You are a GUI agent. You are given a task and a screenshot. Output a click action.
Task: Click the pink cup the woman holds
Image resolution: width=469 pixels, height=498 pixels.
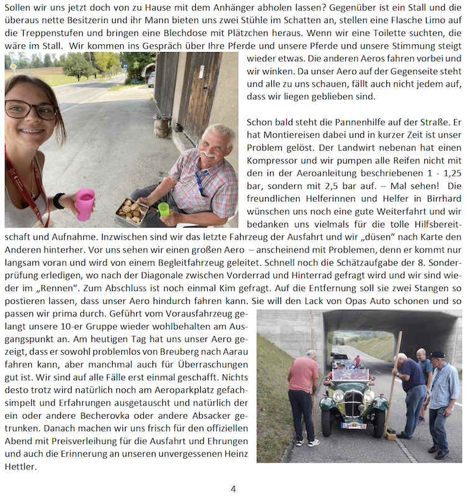coord(85,204)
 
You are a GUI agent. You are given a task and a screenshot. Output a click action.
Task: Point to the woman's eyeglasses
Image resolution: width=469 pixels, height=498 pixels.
coord(30,110)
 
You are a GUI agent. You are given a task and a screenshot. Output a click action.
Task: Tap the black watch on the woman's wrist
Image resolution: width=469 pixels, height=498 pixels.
coord(58,201)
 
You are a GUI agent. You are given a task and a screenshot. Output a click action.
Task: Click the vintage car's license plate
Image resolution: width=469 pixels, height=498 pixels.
coord(353,426)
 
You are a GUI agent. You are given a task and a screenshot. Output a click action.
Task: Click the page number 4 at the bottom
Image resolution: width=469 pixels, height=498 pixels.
coord(233,489)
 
